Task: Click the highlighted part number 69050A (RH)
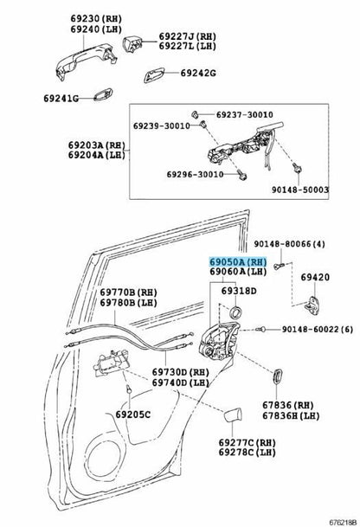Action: point(238,261)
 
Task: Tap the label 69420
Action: point(315,277)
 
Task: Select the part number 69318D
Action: point(239,291)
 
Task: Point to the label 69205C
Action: point(133,415)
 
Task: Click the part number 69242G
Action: point(198,73)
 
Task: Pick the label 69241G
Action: point(61,99)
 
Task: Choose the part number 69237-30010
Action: point(244,114)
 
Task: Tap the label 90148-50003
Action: point(300,190)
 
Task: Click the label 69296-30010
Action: point(195,175)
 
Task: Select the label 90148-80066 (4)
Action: point(289,244)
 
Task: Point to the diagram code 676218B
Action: point(342,523)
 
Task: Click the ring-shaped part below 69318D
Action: point(235,312)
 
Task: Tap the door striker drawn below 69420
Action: point(312,305)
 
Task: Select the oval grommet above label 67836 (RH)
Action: point(277,376)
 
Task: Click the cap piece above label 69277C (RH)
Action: point(233,415)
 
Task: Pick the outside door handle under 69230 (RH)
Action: point(87,61)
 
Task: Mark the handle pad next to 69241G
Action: point(103,94)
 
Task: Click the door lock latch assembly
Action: point(219,341)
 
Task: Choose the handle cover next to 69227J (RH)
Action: point(132,44)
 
